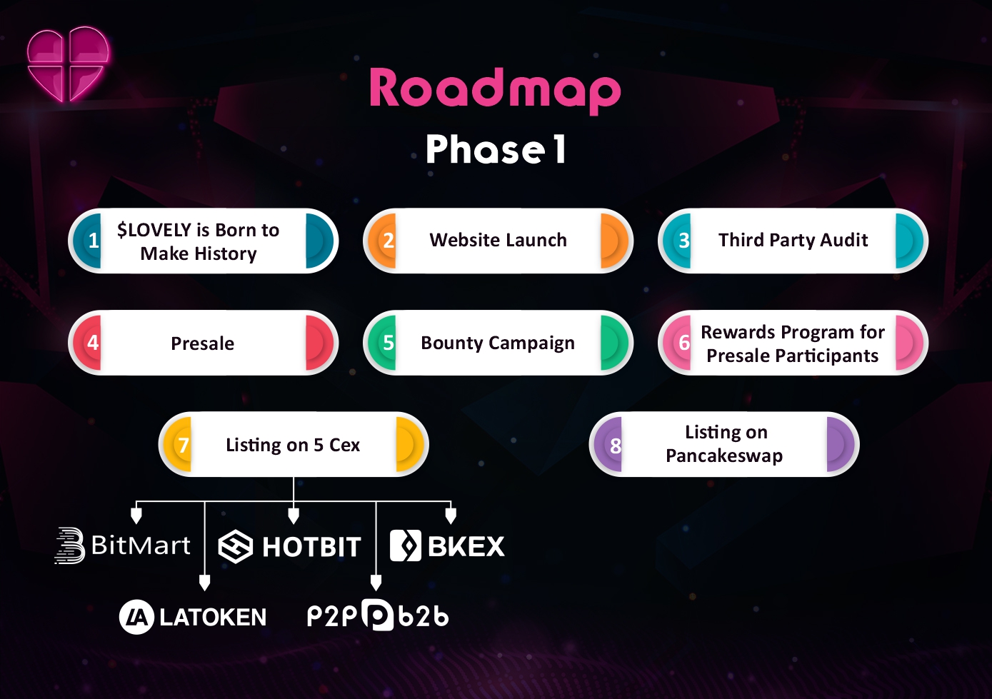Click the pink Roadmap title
point(495,91)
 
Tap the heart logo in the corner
point(68,64)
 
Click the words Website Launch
point(498,240)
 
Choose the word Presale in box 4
point(202,343)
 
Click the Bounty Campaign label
point(498,343)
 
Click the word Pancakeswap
point(724,456)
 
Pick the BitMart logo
point(123,545)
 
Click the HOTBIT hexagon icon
point(236,546)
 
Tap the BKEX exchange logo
point(447,545)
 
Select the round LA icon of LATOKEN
point(136,617)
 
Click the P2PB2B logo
point(378,615)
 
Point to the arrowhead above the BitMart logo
point(136,516)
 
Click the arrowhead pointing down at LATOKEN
point(204,583)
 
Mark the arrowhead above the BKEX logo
point(451,516)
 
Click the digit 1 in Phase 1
point(560,149)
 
